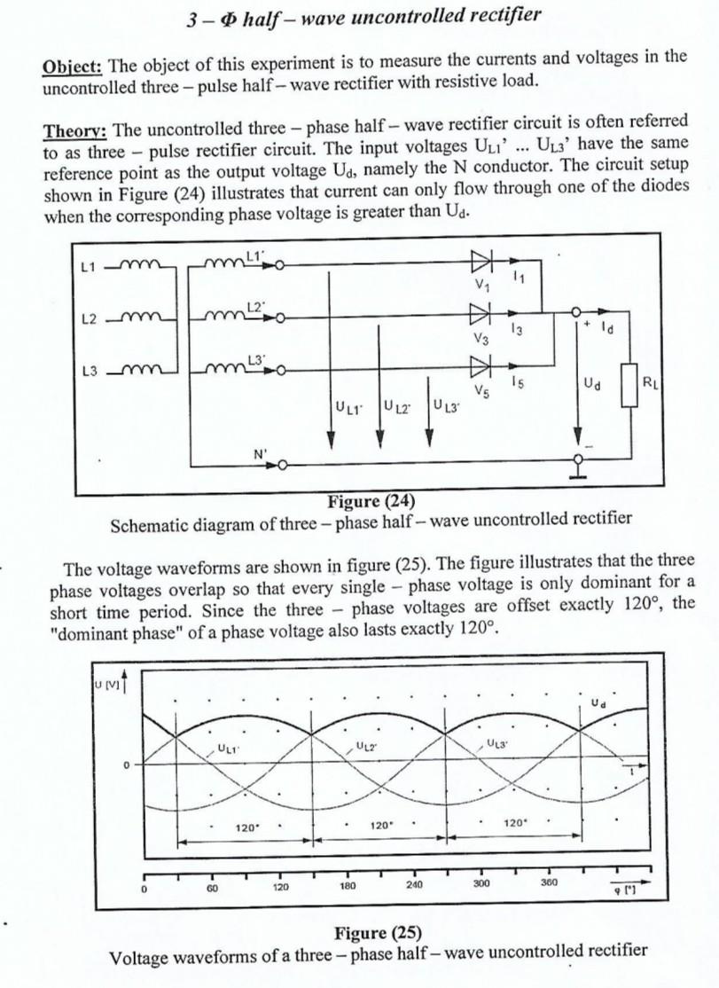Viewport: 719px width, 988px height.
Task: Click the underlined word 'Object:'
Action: [x=74, y=67]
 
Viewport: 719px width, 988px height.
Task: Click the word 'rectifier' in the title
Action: [x=498, y=16]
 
